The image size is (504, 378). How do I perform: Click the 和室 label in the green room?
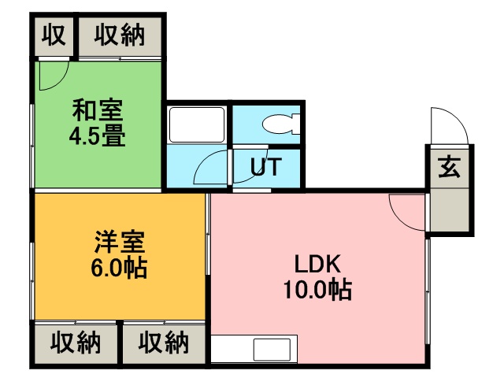click(98, 108)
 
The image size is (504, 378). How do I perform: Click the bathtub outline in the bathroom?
click(197, 124)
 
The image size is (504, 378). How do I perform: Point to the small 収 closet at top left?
click(53, 35)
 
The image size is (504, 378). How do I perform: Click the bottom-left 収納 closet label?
click(76, 343)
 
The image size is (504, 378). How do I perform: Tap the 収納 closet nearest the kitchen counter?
click(165, 343)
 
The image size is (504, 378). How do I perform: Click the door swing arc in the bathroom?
click(211, 167)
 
